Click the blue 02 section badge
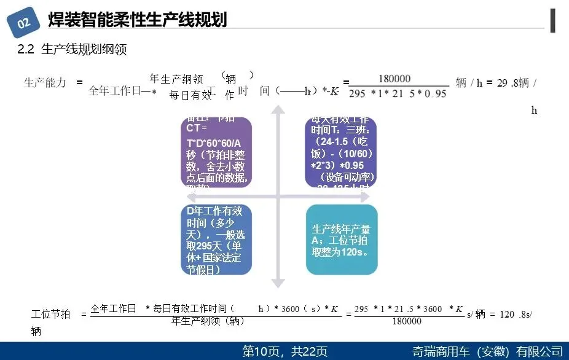[24, 23]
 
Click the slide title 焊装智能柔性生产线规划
[138, 20]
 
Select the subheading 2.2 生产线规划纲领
[72, 50]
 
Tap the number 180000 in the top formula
[394, 79]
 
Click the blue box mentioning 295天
[216, 240]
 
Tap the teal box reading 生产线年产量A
[342, 240]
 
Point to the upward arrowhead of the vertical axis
[278, 109]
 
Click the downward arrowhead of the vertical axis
[278, 283]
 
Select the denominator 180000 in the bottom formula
[406, 321]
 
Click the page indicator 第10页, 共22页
[285, 351]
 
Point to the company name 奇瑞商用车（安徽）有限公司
[488, 351]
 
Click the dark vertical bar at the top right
[554, 20]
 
